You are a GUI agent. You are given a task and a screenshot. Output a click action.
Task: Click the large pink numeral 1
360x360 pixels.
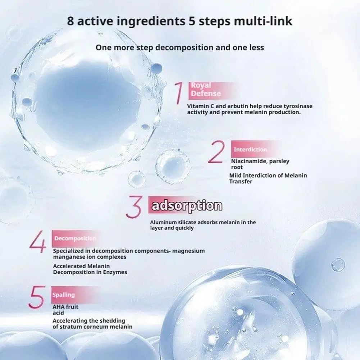coord(179,94)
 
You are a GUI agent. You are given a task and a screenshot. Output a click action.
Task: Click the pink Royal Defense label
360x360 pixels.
coord(206,90)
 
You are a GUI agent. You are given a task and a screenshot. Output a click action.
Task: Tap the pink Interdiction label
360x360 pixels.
coord(250,149)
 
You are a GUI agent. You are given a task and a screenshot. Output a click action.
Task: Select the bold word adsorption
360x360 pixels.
coord(187,206)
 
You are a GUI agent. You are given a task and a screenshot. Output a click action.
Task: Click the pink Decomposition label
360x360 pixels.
coord(75,238)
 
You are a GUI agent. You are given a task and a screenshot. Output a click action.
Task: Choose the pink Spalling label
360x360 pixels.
coord(64,295)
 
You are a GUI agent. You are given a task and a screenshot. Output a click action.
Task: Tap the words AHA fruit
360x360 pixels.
coord(65,307)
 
